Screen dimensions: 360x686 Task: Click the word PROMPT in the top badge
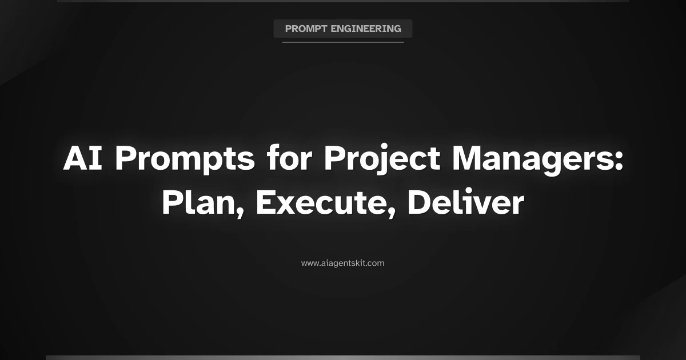click(x=304, y=29)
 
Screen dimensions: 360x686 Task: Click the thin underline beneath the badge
click(x=343, y=42)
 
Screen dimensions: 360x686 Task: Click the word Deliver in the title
click(x=465, y=203)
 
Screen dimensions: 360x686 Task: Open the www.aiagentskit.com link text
click(x=343, y=263)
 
